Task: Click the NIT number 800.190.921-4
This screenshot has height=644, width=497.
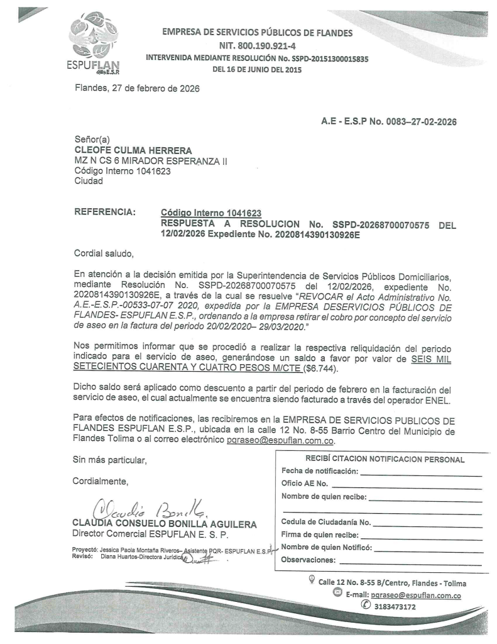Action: (258, 46)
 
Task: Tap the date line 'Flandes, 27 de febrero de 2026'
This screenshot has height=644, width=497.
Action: (136, 88)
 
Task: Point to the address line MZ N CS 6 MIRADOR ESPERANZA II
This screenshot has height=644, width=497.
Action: (151, 162)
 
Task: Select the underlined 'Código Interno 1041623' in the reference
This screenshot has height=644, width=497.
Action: (211, 213)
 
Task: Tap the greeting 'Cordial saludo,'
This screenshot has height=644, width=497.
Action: (104, 254)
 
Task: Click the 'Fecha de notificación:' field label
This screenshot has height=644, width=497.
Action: (320, 471)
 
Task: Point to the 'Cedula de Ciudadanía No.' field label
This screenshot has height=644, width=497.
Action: (326, 522)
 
